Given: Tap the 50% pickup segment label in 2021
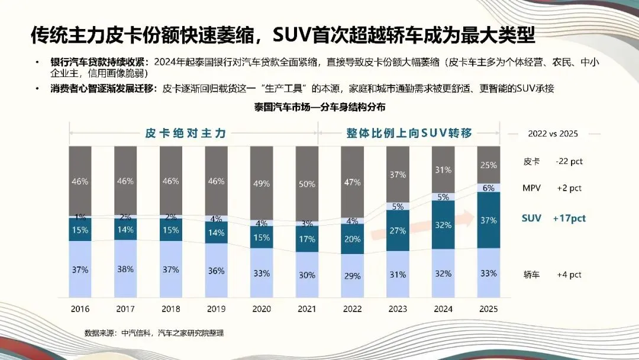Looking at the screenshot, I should [x=306, y=184].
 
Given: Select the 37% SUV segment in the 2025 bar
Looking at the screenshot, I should [x=488, y=220].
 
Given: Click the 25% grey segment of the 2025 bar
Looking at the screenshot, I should [x=488, y=165].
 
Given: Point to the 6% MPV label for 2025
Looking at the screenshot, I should [x=488, y=188].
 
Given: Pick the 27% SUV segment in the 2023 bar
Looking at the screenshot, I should [x=398, y=231].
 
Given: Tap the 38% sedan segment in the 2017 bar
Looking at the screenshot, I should [x=125, y=269].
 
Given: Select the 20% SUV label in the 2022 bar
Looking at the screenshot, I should [x=352, y=239].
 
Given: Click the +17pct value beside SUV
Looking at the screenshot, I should [x=569, y=218].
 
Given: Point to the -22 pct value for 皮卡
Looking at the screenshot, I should [x=569, y=161].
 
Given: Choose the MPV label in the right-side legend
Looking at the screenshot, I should [x=532, y=188].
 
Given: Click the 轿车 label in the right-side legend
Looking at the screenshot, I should [x=531, y=275].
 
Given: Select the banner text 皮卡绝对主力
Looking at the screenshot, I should [x=186, y=133].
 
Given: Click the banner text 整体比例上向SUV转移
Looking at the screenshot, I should [x=409, y=133].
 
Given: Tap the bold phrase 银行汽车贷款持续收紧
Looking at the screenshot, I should [x=102, y=62].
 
